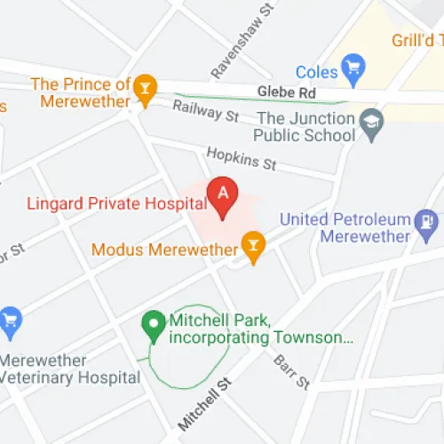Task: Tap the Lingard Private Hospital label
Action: (104, 203)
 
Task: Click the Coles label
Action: (316, 72)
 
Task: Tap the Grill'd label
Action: (416, 41)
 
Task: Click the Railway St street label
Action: (206, 111)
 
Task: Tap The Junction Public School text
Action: (306, 125)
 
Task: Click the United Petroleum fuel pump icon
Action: (427, 219)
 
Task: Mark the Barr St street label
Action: (290, 369)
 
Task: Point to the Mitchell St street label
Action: (203, 401)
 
